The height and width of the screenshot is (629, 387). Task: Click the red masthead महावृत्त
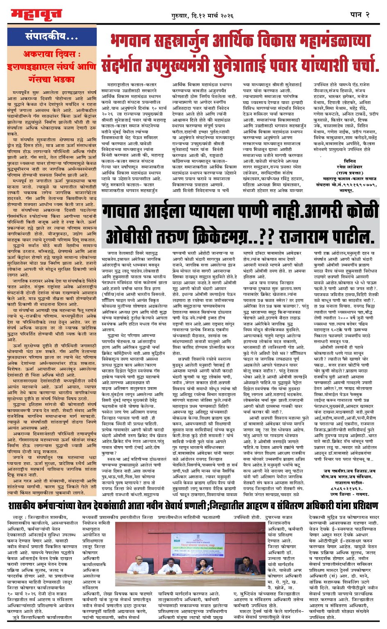click(36, 15)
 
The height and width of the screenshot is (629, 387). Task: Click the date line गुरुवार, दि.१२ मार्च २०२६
click(202, 16)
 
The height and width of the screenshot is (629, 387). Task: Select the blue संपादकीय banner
click(52, 37)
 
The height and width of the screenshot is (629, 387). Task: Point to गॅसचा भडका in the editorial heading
click(52, 78)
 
